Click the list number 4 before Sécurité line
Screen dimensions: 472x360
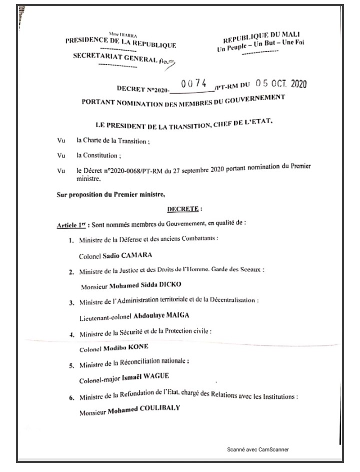72,333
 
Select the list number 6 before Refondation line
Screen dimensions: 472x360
72,398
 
